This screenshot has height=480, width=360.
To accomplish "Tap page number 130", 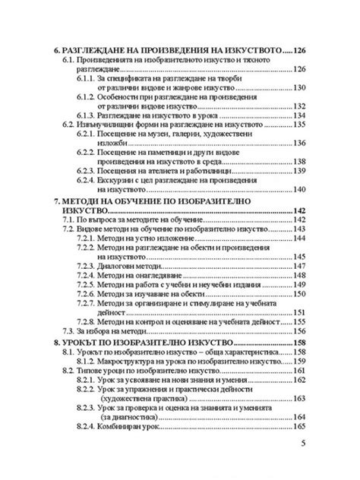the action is point(294,87).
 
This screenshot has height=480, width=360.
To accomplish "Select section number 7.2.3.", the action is point(90,266).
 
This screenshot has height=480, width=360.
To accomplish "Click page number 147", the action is point(294,266).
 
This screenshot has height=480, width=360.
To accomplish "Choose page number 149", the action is point(294,285).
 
